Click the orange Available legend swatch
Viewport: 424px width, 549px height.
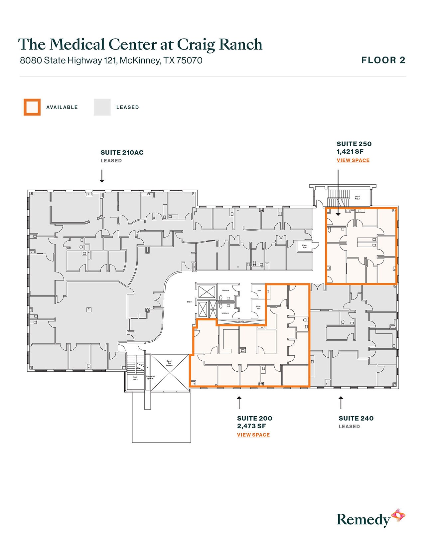32,107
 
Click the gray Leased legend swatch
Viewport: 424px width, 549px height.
102,107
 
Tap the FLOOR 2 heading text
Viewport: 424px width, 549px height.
383,60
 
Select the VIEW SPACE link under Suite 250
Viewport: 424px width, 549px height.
353,160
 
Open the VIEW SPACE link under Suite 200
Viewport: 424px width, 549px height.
253,435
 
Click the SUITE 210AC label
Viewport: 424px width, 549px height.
122,153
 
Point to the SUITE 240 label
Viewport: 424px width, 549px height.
356,419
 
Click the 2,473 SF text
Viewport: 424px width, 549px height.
251,426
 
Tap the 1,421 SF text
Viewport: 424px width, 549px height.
350,152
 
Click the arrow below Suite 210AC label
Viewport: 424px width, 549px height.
102,176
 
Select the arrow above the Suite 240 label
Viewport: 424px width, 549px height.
341,403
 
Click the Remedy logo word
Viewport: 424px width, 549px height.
363,519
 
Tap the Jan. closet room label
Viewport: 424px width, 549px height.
259,290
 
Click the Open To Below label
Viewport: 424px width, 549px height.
169,363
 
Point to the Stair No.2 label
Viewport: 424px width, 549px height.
135,378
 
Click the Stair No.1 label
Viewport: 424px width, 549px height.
357,198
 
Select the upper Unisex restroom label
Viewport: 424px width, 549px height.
225,290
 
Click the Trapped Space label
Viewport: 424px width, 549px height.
150,377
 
